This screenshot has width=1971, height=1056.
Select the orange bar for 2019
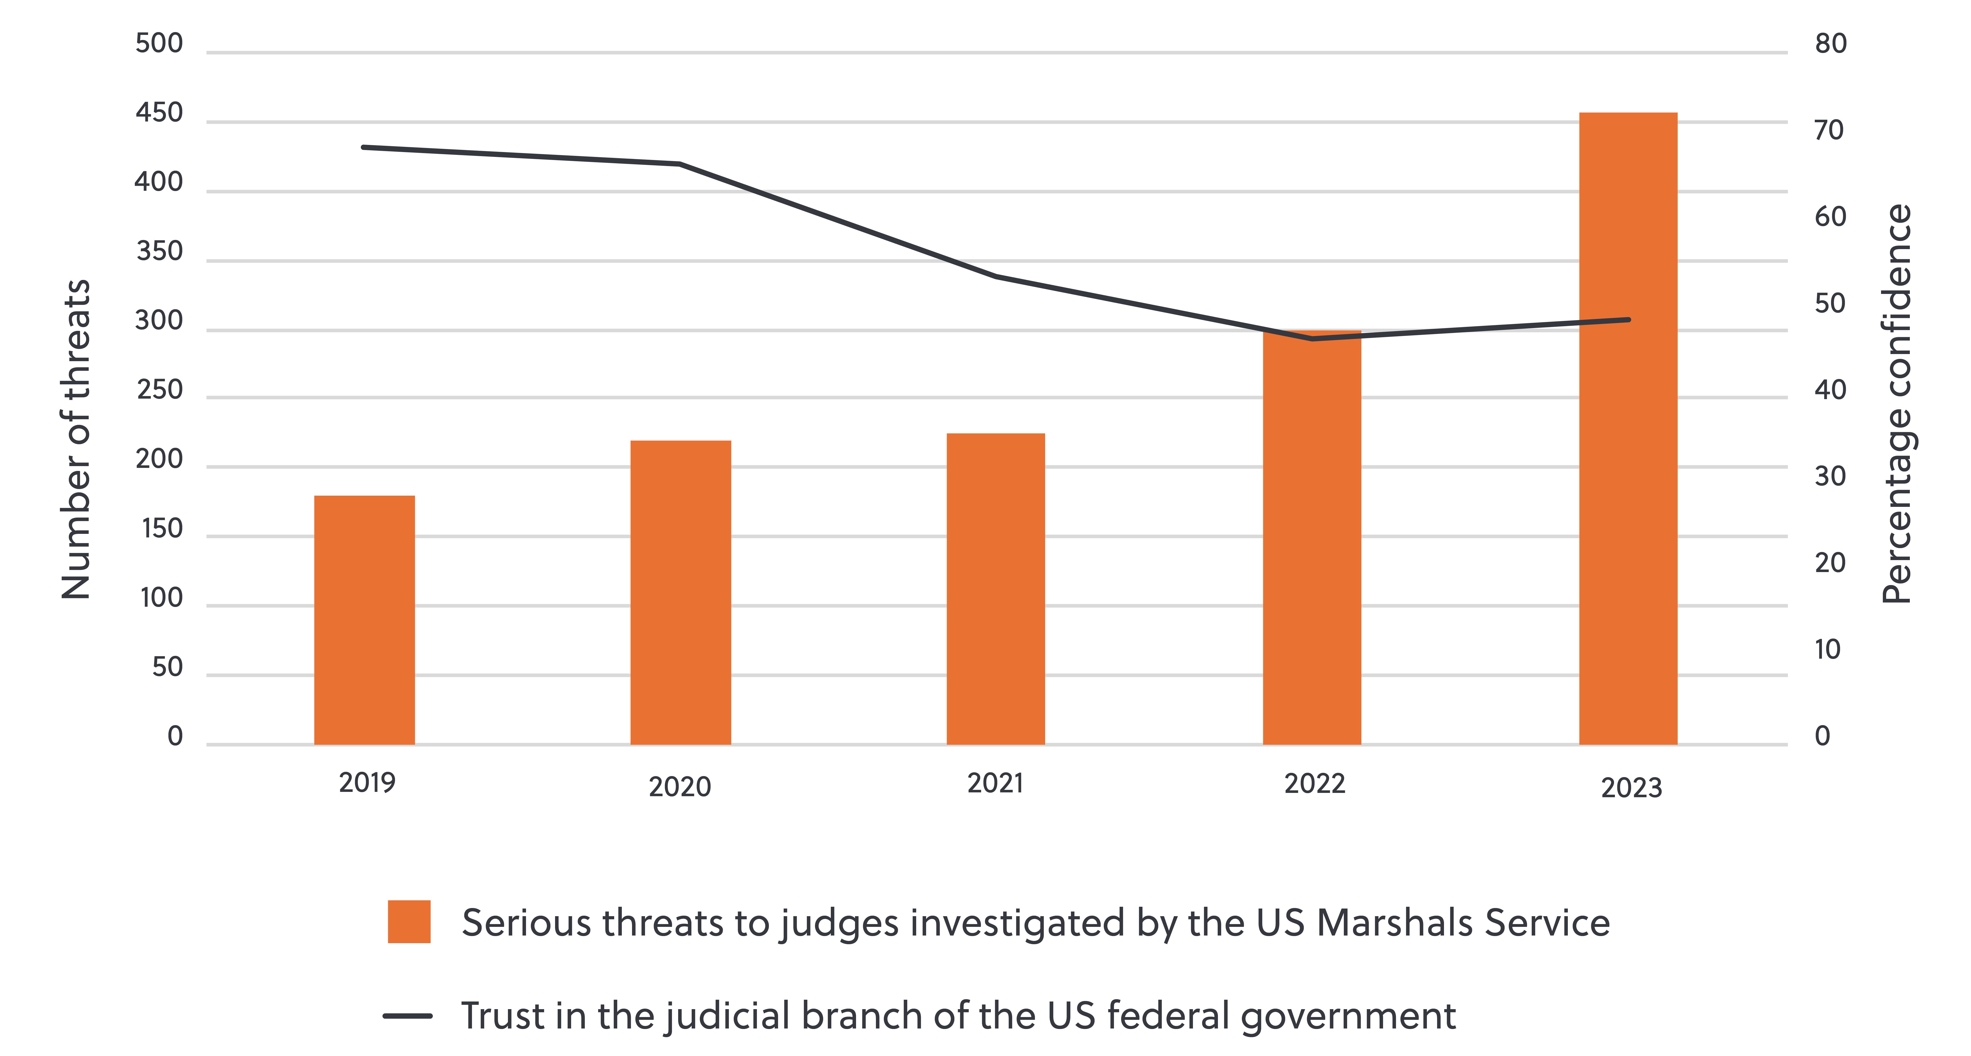[x=364, y=619]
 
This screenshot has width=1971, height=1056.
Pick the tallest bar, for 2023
[x=1628, y=428]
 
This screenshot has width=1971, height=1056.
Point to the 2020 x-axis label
[x=679, y=786]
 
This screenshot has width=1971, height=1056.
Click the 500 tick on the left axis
[x=159, y=44]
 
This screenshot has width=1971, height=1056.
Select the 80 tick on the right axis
[x=1830, y=44]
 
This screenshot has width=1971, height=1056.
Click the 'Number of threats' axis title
[x=76, y=440]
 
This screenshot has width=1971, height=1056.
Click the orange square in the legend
[x=409, y=922]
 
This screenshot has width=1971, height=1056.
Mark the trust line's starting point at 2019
[x=364, y=147]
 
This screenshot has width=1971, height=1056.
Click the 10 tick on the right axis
[x=1827, y=650]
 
